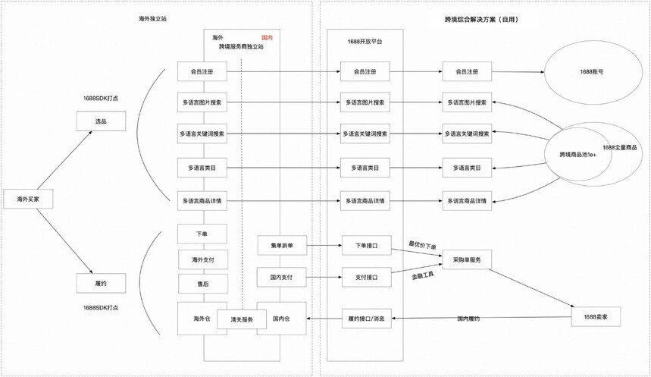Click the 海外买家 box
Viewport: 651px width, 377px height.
(28, 199)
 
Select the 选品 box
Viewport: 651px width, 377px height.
(101, 121)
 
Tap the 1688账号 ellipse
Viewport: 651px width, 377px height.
(592, 72)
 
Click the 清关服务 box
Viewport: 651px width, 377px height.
(242, 319)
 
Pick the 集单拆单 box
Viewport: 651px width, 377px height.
(282, 245)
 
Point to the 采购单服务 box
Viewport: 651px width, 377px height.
(467, 259)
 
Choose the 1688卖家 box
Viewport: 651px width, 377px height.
(596, 317)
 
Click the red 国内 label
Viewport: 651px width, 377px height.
(267, 37)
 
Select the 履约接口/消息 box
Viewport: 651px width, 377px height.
(367, 319)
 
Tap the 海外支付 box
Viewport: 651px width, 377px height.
(203, 259)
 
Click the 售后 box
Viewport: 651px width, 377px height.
(203, 284)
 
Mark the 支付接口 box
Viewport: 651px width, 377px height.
(367, 277)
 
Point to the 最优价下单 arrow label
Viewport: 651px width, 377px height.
(422, 246)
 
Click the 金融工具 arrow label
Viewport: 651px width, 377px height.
(423, 275)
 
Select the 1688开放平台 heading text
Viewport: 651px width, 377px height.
(365, 42)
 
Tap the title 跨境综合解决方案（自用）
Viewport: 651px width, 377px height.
(481, 19)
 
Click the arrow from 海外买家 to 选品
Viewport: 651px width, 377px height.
(64, 160)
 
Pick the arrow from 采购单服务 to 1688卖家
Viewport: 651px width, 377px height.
(531, 288)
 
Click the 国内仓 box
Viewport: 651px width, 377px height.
(281, 319)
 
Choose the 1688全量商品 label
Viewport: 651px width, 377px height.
(619, 148)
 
